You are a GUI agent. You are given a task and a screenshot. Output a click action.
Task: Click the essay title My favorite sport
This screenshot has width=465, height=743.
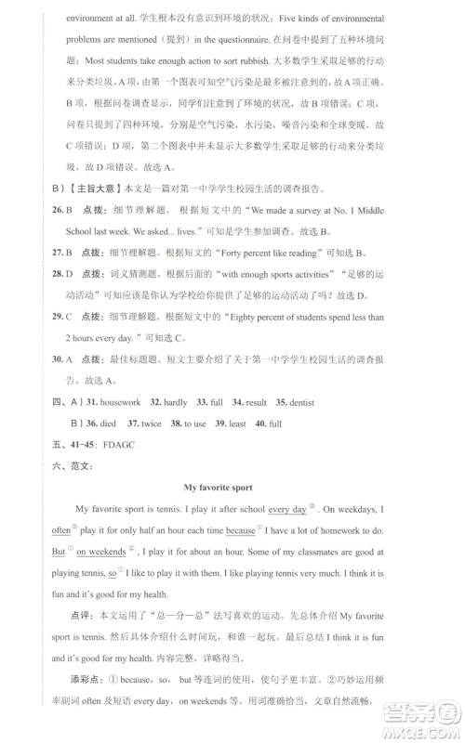click(232, 487)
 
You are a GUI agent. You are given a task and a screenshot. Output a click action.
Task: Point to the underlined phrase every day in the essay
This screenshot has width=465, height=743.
click(286, 510)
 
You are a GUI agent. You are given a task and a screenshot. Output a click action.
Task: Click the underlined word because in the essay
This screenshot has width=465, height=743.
click(240, 530)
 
